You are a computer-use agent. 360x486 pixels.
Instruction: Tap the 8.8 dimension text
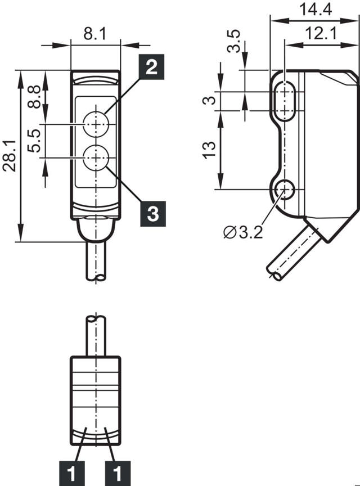coord(34,96)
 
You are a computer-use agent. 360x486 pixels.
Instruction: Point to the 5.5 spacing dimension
coord(34,141)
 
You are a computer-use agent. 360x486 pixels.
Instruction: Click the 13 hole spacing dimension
coord(209,150)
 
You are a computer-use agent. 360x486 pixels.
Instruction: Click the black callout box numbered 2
coord(151,68)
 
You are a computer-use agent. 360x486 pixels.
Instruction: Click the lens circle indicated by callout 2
coord(96,122)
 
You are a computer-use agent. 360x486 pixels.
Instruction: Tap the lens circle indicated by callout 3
coord(96,157)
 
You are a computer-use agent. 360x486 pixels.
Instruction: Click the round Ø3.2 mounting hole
coord(286,190)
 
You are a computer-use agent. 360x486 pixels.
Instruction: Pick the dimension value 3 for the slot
coord(209,101)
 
